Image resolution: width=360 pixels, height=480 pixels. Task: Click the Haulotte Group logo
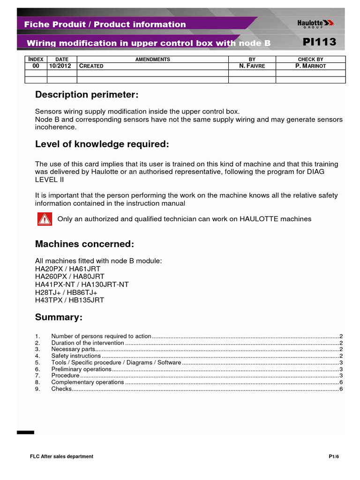[316, 23]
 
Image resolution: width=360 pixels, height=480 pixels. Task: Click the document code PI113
[319, 42]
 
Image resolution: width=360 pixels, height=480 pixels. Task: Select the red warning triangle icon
[45, 219]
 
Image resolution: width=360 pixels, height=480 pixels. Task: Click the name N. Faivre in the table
[252, 66]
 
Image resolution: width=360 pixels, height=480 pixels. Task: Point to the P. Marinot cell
[310, 66]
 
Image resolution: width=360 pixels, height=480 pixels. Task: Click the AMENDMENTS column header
[152, 60]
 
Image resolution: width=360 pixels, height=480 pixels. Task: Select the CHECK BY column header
[310, 60]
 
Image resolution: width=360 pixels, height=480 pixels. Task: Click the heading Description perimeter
[87, 95]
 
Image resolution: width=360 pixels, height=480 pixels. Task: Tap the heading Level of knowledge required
[102, 144]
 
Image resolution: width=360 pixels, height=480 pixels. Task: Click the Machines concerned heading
[84, 244]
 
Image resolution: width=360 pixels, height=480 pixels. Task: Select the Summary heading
[59, 317]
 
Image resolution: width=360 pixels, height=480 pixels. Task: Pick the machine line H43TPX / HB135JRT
[69, 300]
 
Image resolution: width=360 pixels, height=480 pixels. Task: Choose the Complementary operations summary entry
[88, 382]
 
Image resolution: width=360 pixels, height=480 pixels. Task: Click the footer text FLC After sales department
[61, 457]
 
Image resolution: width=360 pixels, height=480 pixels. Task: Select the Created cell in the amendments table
[91, 66]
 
